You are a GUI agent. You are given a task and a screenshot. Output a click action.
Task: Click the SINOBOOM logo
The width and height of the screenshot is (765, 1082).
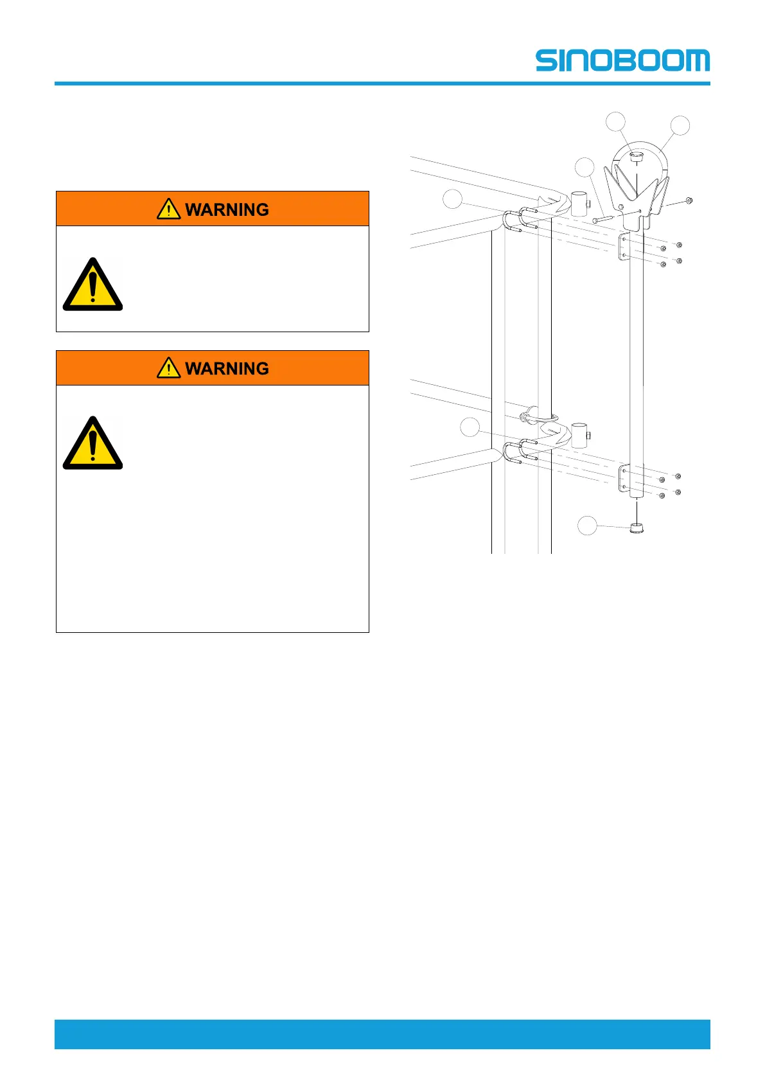tap(622, 60)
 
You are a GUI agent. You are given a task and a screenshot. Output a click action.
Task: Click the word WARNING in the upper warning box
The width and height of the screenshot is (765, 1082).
tap(227, 209)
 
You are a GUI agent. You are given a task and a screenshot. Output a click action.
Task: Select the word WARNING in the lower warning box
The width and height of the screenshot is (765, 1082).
tap(227, 368)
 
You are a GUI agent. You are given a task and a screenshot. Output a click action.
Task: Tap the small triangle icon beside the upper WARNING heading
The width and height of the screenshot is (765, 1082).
tap(168, 209)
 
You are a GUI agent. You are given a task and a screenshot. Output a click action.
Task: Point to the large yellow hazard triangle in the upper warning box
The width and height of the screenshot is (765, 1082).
tap(92, 285)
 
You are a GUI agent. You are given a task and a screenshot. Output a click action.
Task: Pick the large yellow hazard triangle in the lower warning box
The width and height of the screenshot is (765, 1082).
tap(92, 444)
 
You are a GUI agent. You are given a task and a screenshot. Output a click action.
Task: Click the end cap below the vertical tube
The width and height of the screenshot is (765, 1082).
tap(636, 529)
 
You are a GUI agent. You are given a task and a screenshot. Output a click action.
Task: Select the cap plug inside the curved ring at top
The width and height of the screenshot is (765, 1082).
tap(636, 156)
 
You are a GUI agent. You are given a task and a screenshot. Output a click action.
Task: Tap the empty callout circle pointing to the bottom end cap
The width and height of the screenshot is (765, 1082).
tap(586, 526)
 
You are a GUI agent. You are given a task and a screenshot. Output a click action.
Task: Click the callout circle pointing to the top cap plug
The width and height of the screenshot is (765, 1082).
tap(616, 121)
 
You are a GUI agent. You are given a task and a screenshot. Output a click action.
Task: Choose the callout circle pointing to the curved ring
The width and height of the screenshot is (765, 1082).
tap(680, 125)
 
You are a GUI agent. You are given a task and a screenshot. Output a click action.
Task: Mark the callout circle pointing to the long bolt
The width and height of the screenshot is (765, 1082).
tap(585, 167)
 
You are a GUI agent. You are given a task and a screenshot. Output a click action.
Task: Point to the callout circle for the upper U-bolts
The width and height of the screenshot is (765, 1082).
tap(452, 199)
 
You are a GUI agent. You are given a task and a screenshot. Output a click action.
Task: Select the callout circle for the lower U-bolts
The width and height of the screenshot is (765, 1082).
tap(470, 427)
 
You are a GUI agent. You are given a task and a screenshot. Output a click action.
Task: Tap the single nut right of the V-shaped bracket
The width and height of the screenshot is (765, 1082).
tap(688, 200)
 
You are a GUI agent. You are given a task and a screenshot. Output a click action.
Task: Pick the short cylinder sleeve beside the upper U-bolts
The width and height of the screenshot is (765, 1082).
tap(579, 204)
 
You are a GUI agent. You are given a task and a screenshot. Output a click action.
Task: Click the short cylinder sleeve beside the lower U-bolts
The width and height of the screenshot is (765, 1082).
tap(579, 435)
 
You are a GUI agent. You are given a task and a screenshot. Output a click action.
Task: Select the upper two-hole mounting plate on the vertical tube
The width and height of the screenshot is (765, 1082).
tap(622, 247)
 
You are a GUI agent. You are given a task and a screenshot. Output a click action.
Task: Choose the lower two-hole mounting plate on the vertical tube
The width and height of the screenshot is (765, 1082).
tap(622, 479)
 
